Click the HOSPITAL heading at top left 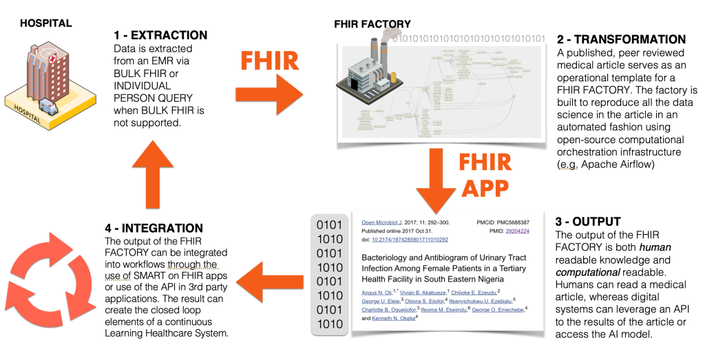(x=45, y=23)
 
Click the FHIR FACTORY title (x=372, y=24)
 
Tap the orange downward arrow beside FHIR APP (x=435, y=173)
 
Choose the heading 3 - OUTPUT (x=588, y=221)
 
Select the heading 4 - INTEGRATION (x=154, y=228)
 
